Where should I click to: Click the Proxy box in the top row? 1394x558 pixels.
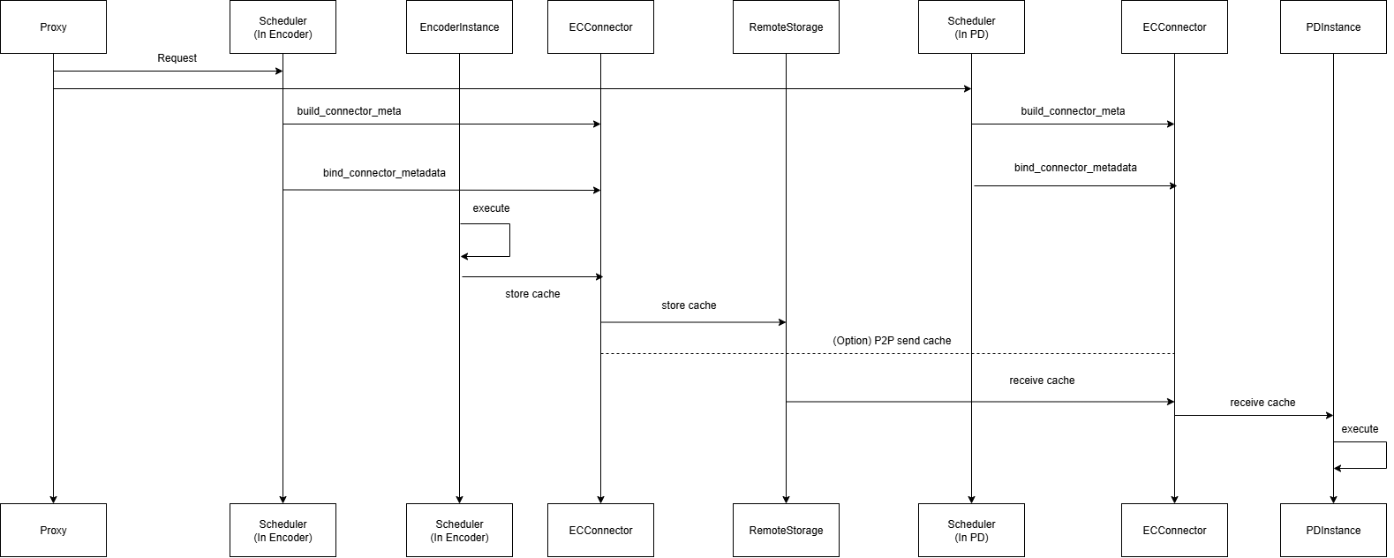[x=53, y=27]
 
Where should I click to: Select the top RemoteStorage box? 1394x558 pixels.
[x=786, y=27]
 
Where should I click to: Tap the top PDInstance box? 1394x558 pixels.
[x=1333, y=27]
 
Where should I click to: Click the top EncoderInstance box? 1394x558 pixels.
[x=459, y=27]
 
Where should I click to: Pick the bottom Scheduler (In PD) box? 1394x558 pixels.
[x=971, y=530]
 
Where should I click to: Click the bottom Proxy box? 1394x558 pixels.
[x=53, y=530]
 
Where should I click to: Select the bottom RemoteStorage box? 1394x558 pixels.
[x=786, y=530]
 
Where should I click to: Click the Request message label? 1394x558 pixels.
[x=177, y=58]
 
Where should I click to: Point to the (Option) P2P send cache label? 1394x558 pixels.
[x=892, y=341]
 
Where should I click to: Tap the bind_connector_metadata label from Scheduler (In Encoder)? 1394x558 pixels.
[x=384, y=173]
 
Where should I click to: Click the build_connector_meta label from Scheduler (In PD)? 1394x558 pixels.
[x=1073, y=111]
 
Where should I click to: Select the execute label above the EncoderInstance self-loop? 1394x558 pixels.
[x=491, y=208]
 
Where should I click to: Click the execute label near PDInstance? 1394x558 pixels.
[x=1360, y=429]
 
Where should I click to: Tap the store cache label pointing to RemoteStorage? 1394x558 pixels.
[x=689, y=305]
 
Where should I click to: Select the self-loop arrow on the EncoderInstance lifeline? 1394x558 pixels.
[x=509, y=240]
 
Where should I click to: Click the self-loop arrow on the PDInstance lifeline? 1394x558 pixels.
[x=1384, y=456]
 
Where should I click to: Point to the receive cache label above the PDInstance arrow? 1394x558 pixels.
[x=1262, y=403]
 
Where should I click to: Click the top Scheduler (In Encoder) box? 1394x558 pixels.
[x=283, y=27]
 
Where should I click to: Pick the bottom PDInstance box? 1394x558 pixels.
[x=1333, y=530]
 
